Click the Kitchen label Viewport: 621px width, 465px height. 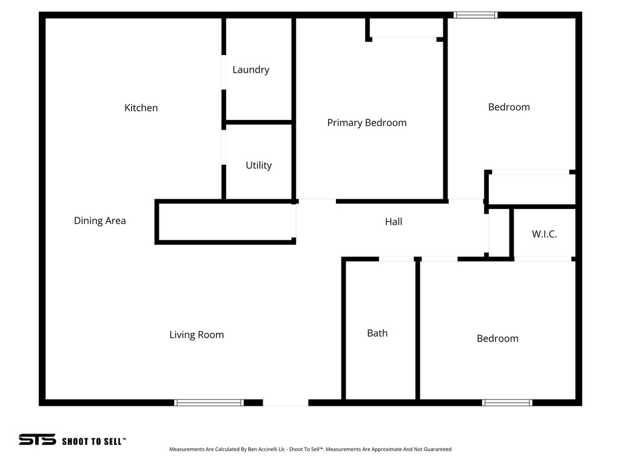[141, 108]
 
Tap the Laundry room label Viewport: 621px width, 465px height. [250, 70]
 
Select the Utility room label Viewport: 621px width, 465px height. [258, 165]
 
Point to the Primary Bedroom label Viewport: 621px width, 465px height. [366, 123]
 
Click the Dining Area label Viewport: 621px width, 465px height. [99, 220]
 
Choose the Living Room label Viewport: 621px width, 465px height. [196, 335]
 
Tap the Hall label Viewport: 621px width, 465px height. [394, 222]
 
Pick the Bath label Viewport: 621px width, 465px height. [377, 333]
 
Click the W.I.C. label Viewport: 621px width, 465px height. [544, 234]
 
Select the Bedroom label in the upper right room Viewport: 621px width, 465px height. [509, 107]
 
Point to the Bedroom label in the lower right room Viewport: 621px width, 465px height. [497, 338]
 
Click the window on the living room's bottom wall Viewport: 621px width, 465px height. [209, 402]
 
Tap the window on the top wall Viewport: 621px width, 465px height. [475, 15]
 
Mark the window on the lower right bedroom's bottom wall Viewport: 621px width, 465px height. [507, 402]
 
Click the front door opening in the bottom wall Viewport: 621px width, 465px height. [285, 402]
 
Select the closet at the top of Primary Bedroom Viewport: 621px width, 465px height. [405, 28]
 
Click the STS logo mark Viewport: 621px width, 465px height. [37, 440]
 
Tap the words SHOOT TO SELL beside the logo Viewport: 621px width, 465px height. [93, 441]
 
